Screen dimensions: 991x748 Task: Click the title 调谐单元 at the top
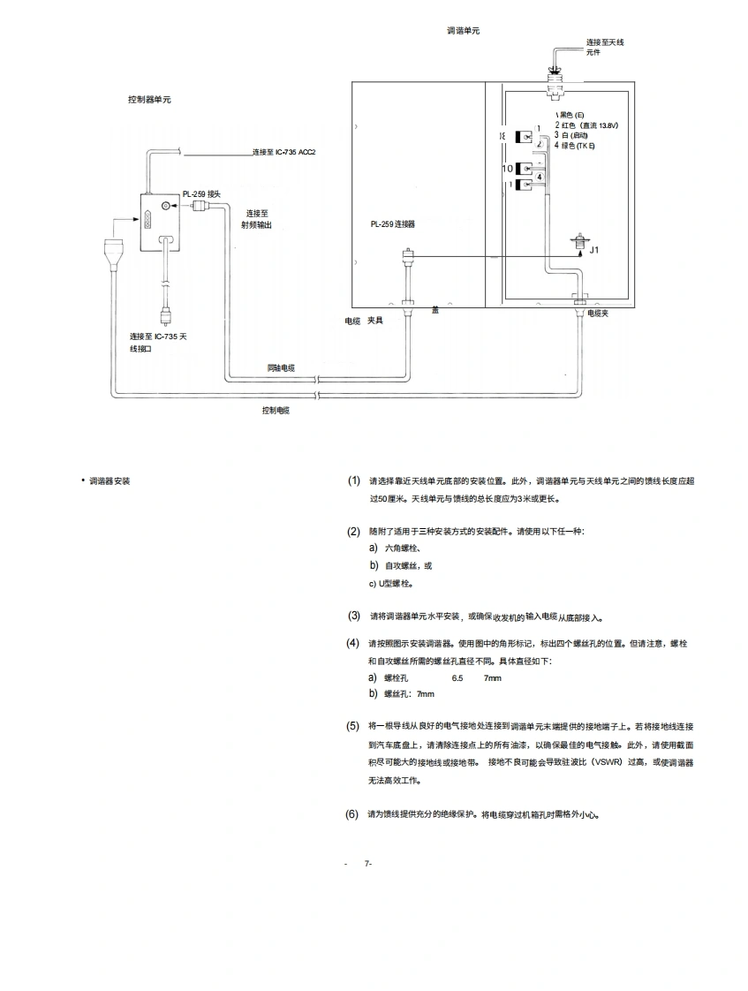coord(464,31)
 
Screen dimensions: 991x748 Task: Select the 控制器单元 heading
coord(149,100)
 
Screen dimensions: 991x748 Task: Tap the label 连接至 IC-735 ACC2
coord(283,152)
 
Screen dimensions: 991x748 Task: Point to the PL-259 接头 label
coord(201,193)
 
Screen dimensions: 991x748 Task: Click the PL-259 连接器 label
coord(393,224)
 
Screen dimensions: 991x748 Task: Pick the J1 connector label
coord(594,250)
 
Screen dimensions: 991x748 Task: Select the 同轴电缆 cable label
coord(281,367)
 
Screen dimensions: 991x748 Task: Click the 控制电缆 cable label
coord(276,411)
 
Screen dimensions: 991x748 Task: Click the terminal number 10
coord(508,168)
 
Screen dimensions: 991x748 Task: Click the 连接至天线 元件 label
coord(605,47)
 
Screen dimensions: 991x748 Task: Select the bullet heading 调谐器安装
coord(110,481)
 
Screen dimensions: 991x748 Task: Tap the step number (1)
coord(353,480)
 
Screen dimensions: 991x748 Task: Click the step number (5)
coord(352,725)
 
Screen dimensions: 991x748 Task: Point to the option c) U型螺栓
coord(391,583)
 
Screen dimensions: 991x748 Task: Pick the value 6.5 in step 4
coord(457,677)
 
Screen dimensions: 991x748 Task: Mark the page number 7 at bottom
coord(367,863)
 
